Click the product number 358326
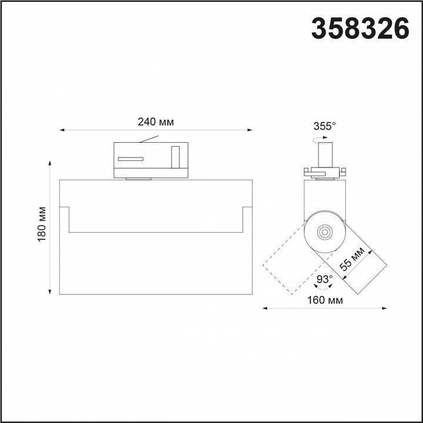pyautogui.click(x=360, y=29)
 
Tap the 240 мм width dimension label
pyautogui.click(x=156, y=122)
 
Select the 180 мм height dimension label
pyautogui.click(x=42, y=224)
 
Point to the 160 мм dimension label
pyautogui.click(x=325, y=300)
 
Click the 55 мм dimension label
pyautogui.click(x=352, y=258)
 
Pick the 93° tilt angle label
pyautogui.click(x=324, y=279)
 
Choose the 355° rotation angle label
pyautogui.click(x=324, y=126)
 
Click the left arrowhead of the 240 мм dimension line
pyautogui.click(x=62, y=130)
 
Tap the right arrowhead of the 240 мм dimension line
pyautogui.click(x=250, y=130)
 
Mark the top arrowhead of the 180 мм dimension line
pyautogui.click(x=49, y=163)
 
